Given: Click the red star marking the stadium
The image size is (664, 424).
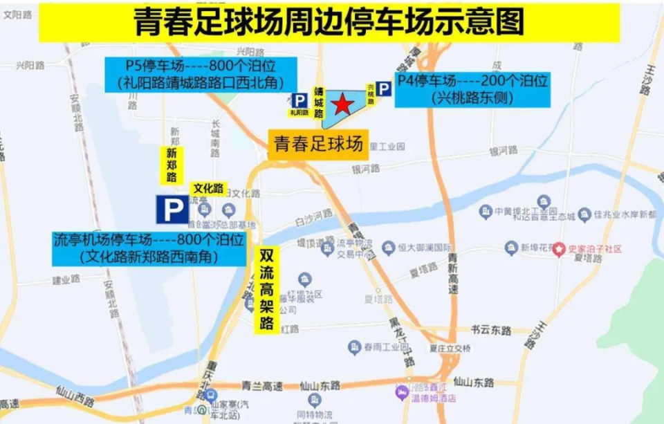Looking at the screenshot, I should [341, 105].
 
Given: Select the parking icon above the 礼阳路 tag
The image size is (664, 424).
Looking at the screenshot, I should [299, 100].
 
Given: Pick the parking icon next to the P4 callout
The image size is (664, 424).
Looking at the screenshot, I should [384, 89].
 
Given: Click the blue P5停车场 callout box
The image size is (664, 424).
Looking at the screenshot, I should [201, 75].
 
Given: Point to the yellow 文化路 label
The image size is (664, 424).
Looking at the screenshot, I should [208, 188].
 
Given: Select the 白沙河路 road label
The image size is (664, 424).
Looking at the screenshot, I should [313, 216].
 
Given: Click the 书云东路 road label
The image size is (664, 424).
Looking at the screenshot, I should [491, 330].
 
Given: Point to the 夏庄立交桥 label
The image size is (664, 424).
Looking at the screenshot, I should [450, 348].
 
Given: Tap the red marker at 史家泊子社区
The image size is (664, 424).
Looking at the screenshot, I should [558, 248].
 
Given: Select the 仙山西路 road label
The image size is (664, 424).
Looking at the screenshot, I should [75, 399].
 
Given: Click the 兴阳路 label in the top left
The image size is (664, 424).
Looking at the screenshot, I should [30, 65].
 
